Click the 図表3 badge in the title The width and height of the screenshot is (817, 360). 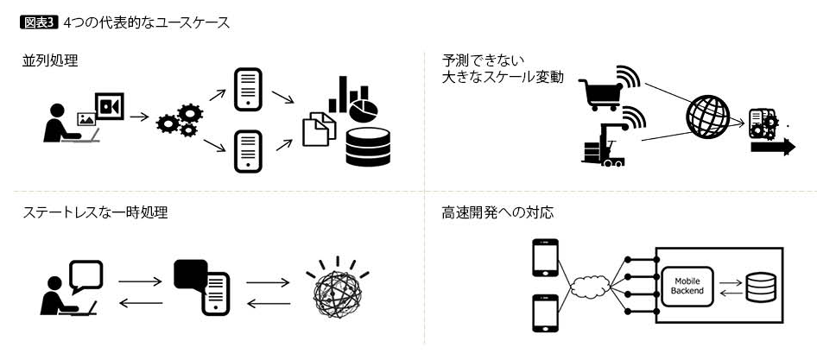[x=38, y=22]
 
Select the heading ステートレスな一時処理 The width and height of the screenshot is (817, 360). [x=95, y=212]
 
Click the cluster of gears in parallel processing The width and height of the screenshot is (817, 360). [x=178, y=121]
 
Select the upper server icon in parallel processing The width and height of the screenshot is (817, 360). [x=248, y=88]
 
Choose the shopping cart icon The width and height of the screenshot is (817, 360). [x=598, y=86]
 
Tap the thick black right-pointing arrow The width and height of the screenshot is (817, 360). [x=772, y=148]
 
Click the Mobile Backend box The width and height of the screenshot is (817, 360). [x=687, y=286]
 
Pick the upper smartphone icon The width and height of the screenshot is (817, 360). [x=544, y=257]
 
